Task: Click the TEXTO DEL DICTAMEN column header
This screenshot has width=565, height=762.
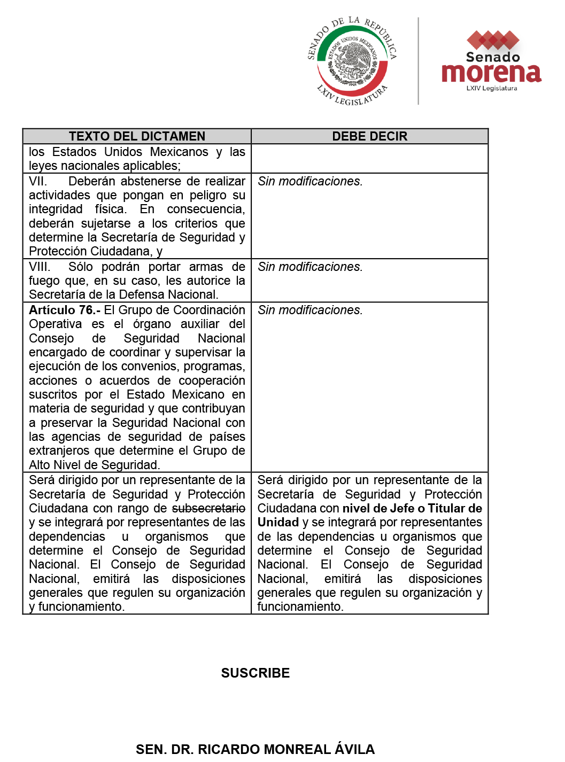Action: click(x=137, y=136)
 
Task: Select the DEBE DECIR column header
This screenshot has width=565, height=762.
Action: click(x=369, y=136)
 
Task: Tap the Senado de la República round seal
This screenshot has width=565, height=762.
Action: click(x=352, y=60)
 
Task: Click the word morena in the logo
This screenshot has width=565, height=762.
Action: click(x=491, y=73)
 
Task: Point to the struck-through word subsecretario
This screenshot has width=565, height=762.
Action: click(x=208, y=508)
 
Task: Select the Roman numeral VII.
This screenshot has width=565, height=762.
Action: click(x=38, y=181)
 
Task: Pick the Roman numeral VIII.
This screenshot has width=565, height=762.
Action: click(x=40, y=267)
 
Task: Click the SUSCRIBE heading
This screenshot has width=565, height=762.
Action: click(x=256, y=673)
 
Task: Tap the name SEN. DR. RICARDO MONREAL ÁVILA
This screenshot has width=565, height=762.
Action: click(x=255, y=749)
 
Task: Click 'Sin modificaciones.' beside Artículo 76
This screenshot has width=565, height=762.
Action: click(x=310, y=310)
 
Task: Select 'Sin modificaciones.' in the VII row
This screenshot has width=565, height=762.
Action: click(x=310, y=181)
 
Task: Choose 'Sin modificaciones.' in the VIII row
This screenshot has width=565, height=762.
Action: click(x=310, y=267)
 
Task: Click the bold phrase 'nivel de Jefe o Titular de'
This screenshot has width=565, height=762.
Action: click(x=412, y=508)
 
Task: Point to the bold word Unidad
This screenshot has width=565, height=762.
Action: click(x=278, y=522)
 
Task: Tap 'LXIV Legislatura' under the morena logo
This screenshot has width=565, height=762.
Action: click(x=491, y=88)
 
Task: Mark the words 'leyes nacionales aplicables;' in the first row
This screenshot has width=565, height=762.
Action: click(x=105, y=166)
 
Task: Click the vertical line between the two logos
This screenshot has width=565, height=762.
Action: click(x=418, y=60)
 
